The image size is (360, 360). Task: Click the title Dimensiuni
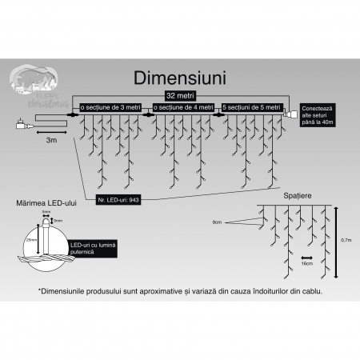click(180, 81)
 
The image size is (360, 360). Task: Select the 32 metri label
click(181, 95)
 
